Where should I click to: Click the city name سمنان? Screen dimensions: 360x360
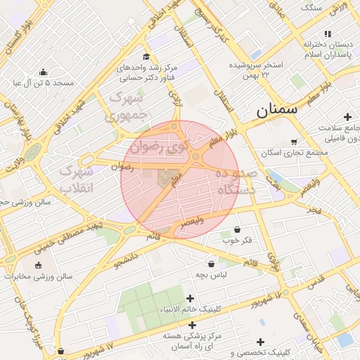277,110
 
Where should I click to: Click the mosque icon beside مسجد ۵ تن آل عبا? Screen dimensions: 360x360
44,72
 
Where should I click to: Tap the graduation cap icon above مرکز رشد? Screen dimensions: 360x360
146,57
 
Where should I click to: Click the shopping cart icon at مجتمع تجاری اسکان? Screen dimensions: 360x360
293,141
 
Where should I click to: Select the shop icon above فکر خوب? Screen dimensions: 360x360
237,229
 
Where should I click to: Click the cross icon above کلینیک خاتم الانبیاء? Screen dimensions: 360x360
191,298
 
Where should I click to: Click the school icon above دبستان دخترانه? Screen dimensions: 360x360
327,34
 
